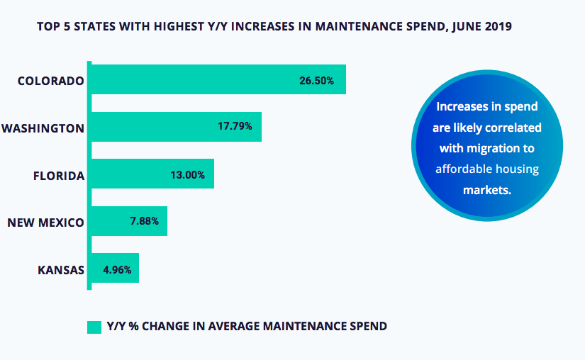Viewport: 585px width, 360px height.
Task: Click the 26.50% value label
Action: [316, 80]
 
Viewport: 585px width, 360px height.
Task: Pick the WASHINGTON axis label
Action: [43, 128]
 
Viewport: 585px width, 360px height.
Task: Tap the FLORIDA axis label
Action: [59, 175]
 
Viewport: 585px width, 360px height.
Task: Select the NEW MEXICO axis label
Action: [45, 223]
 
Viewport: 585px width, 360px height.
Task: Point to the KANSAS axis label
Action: [61, 270]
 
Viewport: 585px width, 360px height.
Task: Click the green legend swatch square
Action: [94, 326]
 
